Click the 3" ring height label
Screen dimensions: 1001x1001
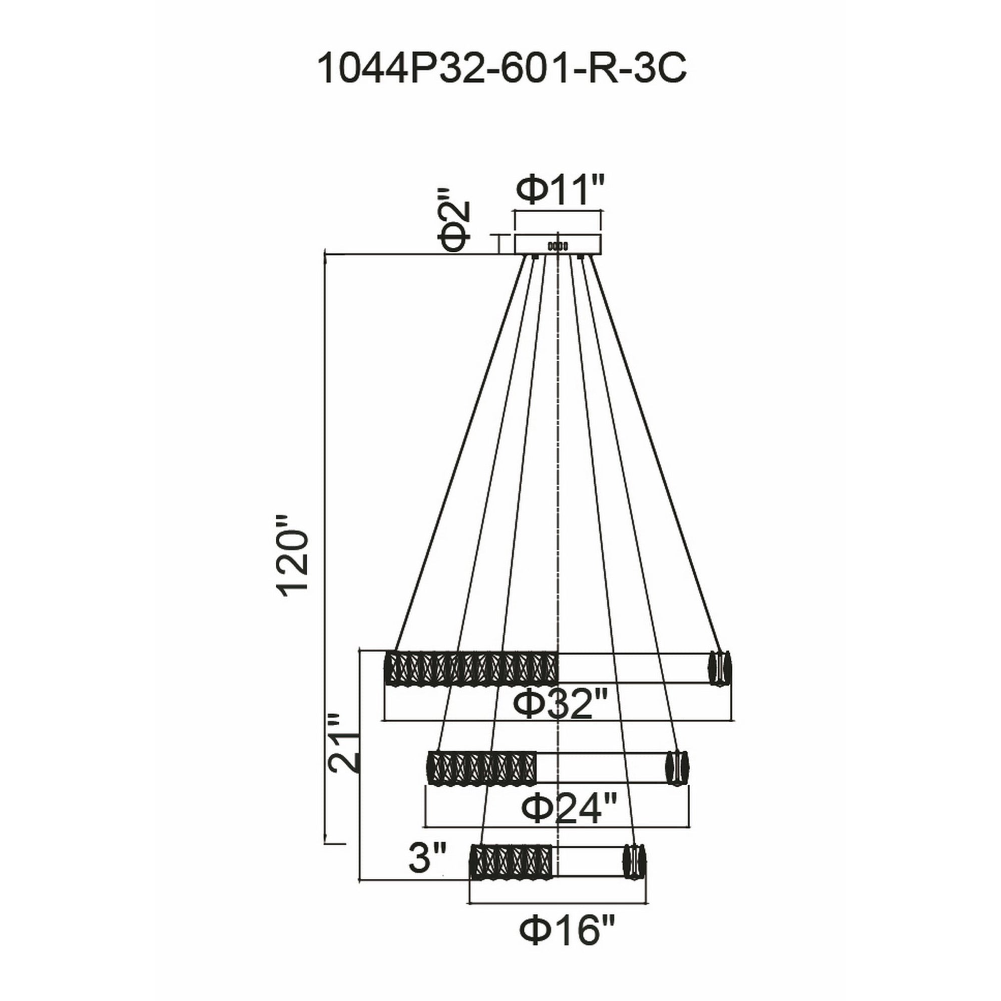click(427, 856)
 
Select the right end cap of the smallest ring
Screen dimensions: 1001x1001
click(635, 861)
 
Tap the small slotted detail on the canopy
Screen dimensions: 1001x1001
click(558, 246)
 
